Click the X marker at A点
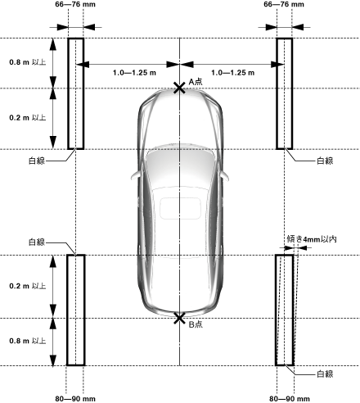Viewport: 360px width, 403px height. pyautogui.click(x=179, y=88)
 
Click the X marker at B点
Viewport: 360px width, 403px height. pyautogui.click(x=179, y=319)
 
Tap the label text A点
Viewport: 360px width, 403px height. pyautogui.click(x=196, y=81)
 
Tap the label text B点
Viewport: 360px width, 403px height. pyautogui.click(x=196, y=324)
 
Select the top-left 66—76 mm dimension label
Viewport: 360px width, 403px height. pyautogui.click(x=75, y=4)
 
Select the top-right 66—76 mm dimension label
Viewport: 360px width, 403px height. pyautogui.click(x=284, y=4)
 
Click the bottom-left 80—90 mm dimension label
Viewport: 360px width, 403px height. pyautogui.click(x=75, y=399)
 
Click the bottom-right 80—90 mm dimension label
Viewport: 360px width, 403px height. pyautogui.click(x=290, y=399)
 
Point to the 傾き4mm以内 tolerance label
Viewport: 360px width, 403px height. pyautogui.click(x=312, y=239)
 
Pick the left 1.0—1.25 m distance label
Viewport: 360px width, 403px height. pyautogui.click(x=134, y=73)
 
